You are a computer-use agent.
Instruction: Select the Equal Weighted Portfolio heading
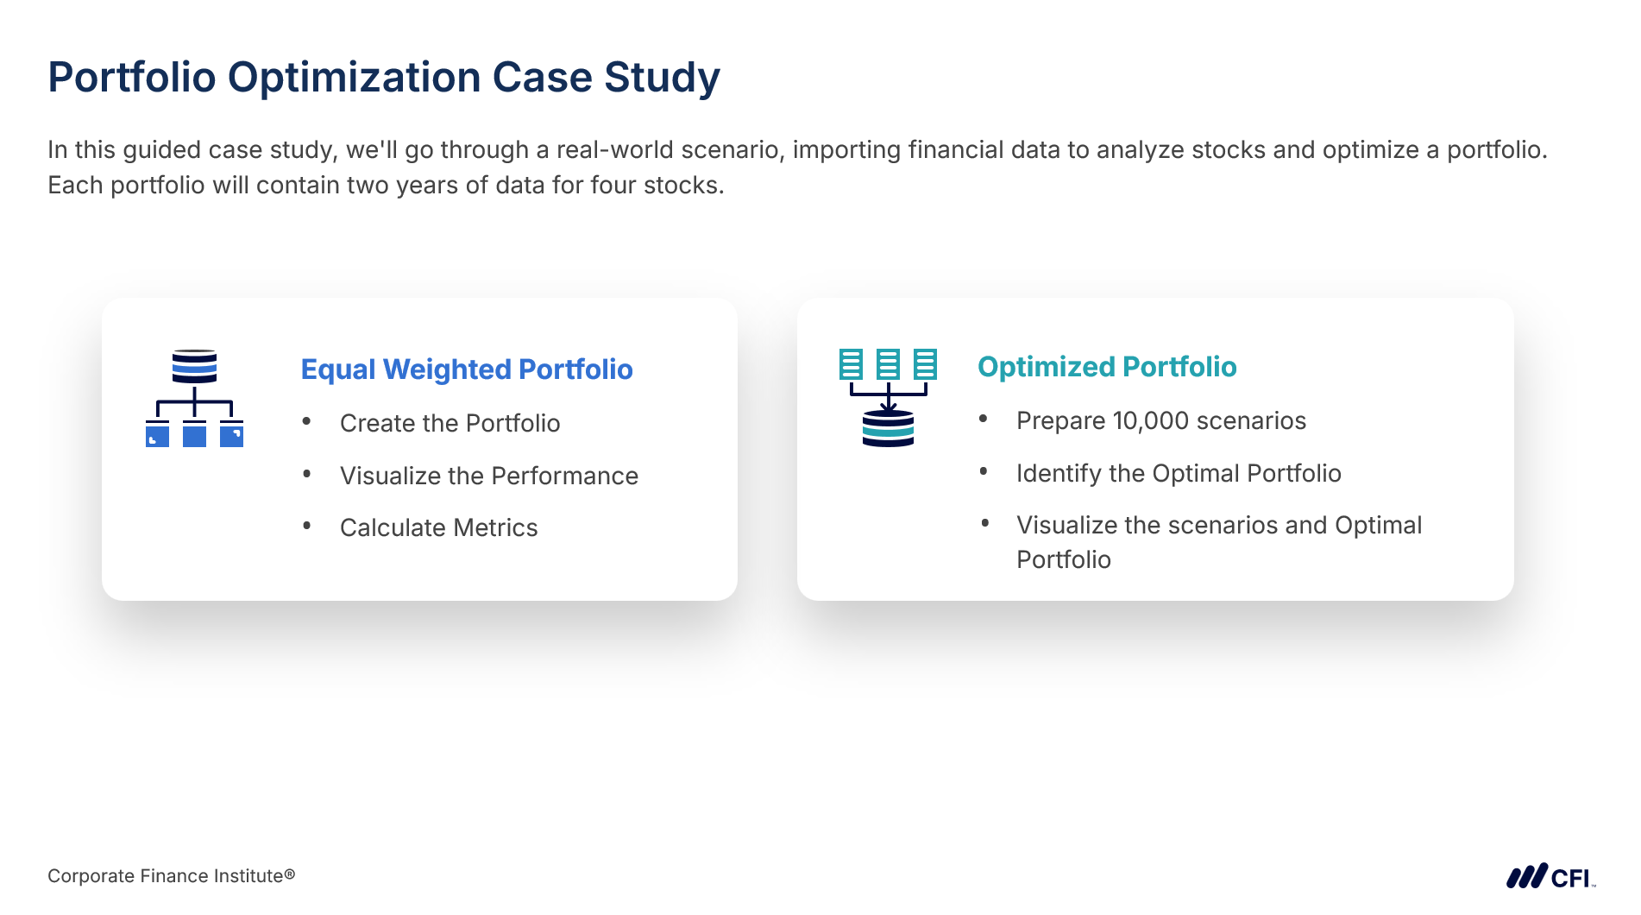[467, 369]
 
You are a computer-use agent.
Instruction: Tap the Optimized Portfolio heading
[1107, 367]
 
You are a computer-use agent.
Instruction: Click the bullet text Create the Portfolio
[450, 423]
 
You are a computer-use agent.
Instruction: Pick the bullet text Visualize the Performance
[489, 476]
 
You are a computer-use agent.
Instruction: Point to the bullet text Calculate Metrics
[438, 527]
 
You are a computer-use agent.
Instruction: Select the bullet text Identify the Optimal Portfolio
[1179, 473]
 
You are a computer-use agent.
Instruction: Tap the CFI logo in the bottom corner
[1550, 876]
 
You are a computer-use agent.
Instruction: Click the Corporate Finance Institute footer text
[171, 876]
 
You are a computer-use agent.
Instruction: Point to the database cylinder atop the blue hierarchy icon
[194, 366]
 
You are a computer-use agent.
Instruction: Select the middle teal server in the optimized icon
[888, 364]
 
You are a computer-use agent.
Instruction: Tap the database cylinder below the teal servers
[888, 428]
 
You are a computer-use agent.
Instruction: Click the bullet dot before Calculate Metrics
[306, 525]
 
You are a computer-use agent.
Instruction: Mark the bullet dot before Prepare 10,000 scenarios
[983, 419]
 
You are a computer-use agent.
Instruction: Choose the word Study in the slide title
[662, 78]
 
